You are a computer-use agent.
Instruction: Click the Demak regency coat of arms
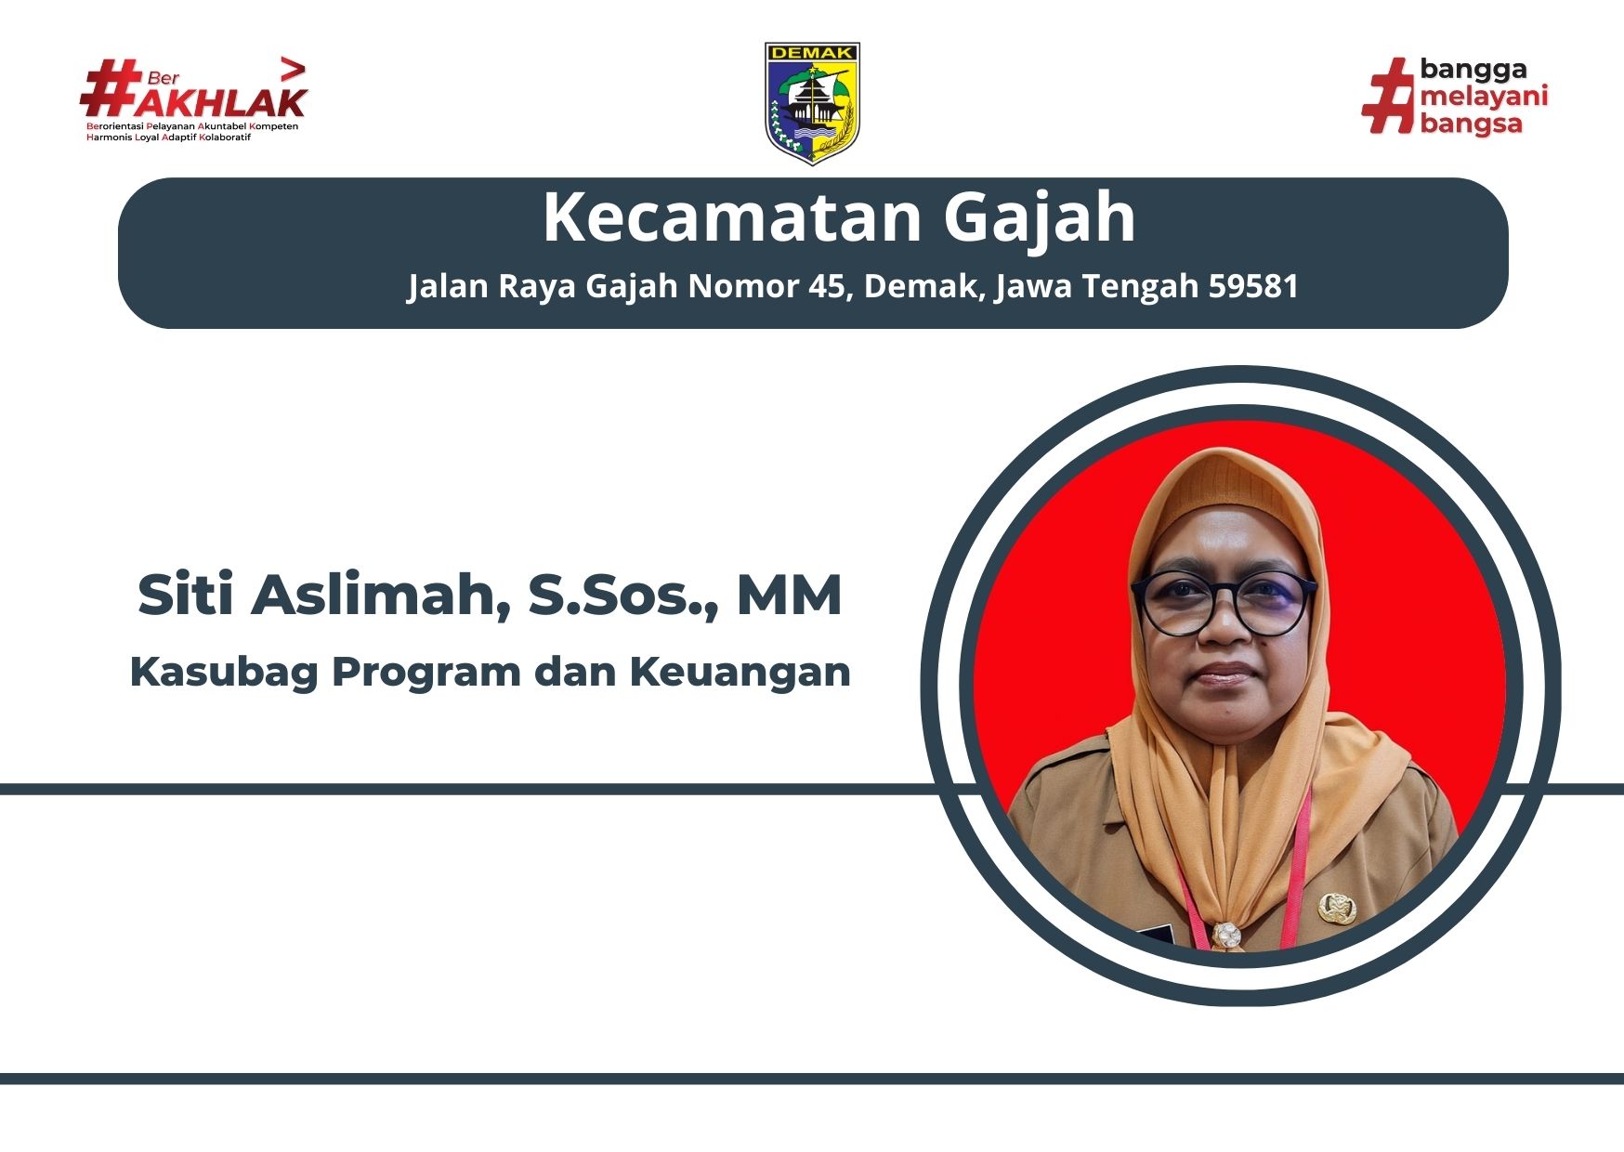[812, 103]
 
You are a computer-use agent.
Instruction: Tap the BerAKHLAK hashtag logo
[193, 99]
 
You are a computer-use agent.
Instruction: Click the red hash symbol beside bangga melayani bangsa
[1388, 95]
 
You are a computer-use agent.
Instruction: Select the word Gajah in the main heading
[1040, 218]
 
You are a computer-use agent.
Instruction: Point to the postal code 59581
[1253, 285]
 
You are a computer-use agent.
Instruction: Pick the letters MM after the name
[790, 596]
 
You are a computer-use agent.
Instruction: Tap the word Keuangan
[740, 672]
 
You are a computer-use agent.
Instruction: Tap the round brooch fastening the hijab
[1225, 935]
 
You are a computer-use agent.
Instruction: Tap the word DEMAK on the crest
[812, 54]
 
